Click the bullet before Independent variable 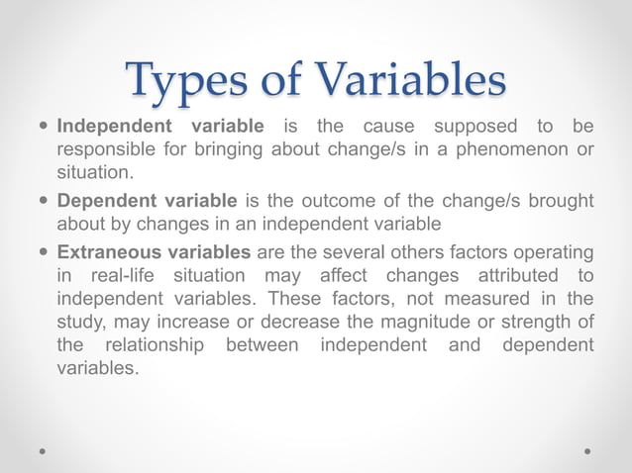pos(43,127)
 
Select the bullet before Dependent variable pos(43,201)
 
